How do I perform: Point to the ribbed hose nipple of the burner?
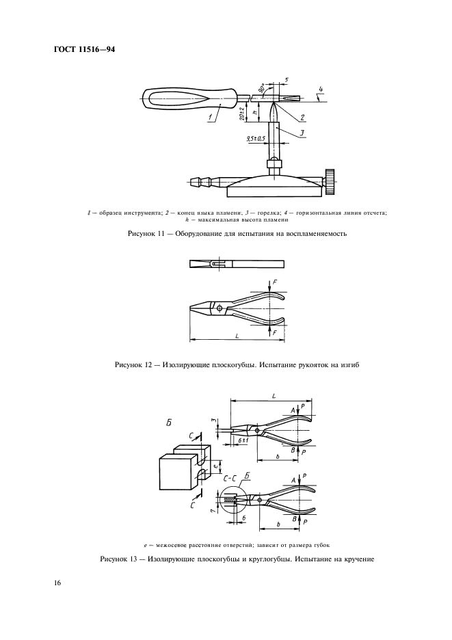199,182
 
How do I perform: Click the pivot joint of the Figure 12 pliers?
219,309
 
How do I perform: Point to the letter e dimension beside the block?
215,466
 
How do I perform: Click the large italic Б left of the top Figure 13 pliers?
169,424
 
